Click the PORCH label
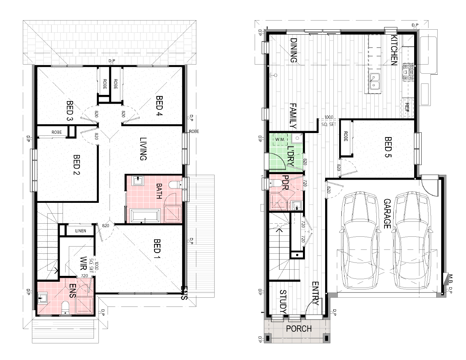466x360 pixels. [x=299, y=329]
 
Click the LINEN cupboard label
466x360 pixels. [x=81, y=231]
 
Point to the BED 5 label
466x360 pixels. [x=388, y=147]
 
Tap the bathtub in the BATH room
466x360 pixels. [x=145, y=216]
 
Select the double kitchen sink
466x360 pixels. [x=375, y=81]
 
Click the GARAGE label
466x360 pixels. [x=387, y=214]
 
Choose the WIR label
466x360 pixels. [x=83, y=263]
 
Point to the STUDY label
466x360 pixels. [x=283, y=302]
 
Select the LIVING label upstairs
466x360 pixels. [x=143, y=149]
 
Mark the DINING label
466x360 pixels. [x=293, y=50]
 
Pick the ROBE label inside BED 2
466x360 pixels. [x=57, y=132]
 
